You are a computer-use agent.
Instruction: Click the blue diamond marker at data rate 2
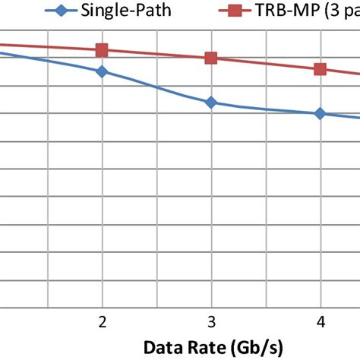(102, 71)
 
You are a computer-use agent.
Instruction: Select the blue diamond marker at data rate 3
(211, 102)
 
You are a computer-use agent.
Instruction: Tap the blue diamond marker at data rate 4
(320, 113)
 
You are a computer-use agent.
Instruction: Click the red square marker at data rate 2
(102, 50)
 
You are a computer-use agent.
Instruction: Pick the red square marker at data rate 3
(211, 58)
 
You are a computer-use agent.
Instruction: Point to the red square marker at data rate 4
(320, 69)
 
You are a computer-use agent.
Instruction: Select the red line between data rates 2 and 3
(156, 54)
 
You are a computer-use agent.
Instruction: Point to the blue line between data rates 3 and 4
(266, 109)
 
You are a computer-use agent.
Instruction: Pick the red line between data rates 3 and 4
(266, 63)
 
